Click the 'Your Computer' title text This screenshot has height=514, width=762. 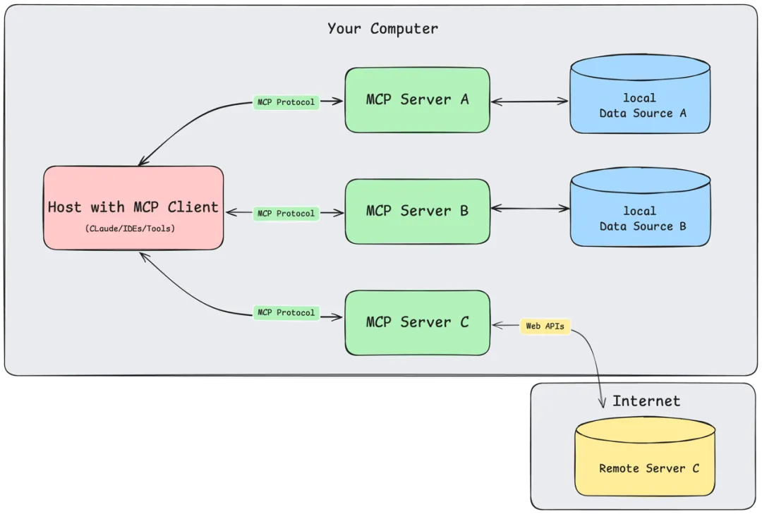[382, 29]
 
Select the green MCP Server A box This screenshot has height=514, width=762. [417, 100]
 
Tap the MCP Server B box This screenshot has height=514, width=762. [417, 212]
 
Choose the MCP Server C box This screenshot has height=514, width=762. [417, 323]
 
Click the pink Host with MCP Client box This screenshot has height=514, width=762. [133, 208]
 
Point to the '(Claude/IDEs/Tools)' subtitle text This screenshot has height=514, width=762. [130, 228]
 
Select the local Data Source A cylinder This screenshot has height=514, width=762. [640, 94]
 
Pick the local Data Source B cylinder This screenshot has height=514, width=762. [640, 207]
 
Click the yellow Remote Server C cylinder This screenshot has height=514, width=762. [645, 456]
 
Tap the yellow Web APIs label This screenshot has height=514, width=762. [545, 326]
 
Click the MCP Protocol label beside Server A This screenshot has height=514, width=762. [286, 102]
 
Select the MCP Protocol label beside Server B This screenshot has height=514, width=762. [286, 213]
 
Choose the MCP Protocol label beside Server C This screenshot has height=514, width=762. [286, 312]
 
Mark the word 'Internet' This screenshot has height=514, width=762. [646, 400]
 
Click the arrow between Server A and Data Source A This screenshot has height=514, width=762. [529, 102]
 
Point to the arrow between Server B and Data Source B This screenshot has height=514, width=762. [530, 209]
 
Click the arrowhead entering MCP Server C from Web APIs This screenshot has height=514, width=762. [497, 325]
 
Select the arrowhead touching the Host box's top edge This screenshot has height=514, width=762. [143, 161]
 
